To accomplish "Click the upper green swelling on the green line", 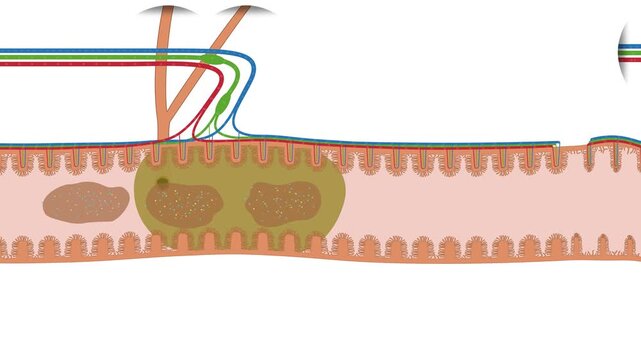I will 211,60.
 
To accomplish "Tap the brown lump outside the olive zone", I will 86,202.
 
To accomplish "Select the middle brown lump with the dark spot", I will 184,203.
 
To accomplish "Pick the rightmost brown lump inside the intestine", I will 283,203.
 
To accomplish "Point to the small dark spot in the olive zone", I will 162,182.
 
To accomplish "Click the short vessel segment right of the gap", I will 612,139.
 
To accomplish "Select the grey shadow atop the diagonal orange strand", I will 246,11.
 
